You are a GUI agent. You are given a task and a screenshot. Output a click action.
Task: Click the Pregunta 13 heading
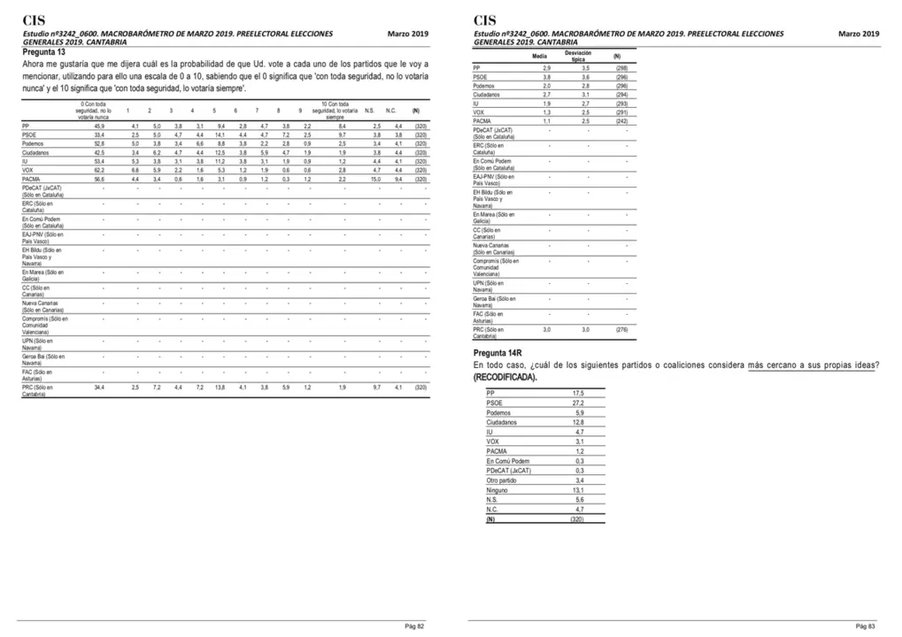point(44,52)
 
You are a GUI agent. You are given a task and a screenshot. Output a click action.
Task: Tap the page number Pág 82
point(415,625)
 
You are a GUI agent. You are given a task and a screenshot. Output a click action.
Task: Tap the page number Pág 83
point(866,625)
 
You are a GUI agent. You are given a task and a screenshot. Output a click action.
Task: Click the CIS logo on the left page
point(35,19)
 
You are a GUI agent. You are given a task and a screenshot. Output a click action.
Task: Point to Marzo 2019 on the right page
point(859,34)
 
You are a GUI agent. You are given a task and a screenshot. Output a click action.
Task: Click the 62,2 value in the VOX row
point(99,169)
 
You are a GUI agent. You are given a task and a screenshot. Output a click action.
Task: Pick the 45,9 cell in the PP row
point(99,127)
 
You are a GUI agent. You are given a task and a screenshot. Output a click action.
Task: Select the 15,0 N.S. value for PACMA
point(375,178)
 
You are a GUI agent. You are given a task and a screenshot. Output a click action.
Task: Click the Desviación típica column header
point(585,56)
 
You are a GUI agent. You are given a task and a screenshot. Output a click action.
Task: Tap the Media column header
point(539,56)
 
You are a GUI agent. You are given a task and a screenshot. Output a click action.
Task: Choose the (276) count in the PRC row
point(621,329)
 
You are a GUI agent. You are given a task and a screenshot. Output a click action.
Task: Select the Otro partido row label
point(502,480)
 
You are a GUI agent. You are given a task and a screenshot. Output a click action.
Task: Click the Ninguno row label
point(497,490)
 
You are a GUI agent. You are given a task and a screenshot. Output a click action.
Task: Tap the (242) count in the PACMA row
point(621,120)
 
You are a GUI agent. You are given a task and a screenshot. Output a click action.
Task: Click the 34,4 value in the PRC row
point(99,388)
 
